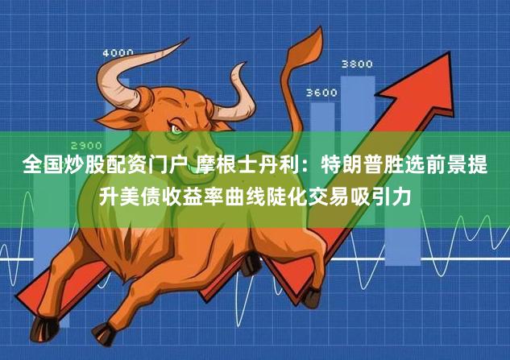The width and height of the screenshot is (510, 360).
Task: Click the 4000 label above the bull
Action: coord(118,53)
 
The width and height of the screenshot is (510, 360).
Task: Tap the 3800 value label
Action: coord(357,64)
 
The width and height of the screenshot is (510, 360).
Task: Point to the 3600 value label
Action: coord(321,93)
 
